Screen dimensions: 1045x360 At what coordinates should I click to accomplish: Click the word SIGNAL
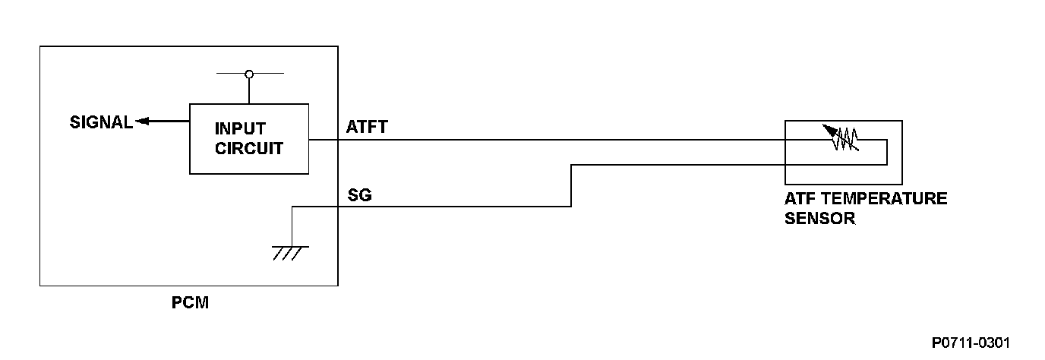click(101, 122)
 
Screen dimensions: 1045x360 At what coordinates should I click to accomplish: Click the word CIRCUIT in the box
click(249, 148)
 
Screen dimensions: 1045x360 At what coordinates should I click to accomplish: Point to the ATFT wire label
click(366, 127)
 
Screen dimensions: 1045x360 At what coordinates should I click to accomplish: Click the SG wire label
click(359, 196)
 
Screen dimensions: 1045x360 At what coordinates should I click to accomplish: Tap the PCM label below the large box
click(189, 304)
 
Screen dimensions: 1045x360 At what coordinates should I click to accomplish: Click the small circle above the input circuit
click(249, 74)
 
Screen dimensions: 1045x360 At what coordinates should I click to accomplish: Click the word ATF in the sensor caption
click(798, 199)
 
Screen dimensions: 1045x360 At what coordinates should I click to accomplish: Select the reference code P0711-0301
click(972, 343)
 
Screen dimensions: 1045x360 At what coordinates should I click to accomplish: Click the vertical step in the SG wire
click(570, 185)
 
